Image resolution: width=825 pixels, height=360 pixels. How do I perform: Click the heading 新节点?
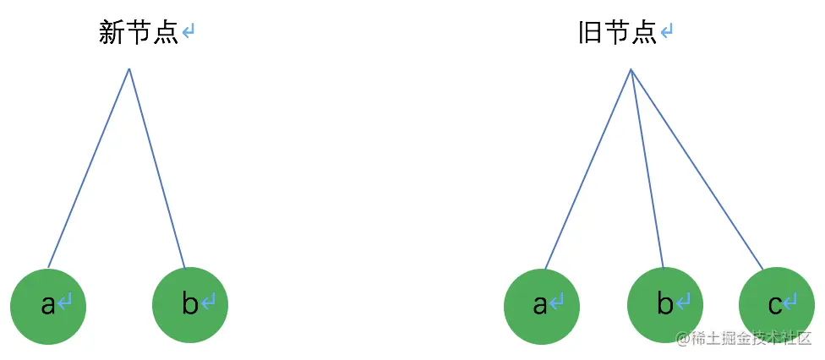139,33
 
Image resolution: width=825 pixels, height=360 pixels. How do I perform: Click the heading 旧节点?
618,33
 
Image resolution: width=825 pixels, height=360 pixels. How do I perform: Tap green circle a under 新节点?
48,306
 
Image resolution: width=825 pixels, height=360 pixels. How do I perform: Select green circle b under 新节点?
190,305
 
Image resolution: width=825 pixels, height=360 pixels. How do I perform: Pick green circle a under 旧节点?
541,306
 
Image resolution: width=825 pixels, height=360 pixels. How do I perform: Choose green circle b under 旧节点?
665,305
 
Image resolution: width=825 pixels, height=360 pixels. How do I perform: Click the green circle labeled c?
777,305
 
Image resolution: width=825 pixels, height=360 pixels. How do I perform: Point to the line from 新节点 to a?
89,168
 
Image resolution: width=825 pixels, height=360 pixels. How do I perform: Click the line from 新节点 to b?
157,168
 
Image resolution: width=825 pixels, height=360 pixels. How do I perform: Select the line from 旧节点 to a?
587,169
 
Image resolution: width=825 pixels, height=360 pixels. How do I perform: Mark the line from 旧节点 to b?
647,168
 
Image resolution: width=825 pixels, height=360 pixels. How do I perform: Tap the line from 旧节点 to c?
697,169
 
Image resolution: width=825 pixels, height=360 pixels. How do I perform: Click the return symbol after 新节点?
188,33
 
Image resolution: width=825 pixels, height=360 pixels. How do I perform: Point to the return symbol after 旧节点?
667,33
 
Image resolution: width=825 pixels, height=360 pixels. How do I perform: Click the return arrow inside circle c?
789,302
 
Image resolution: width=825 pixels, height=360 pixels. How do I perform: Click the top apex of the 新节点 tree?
128,69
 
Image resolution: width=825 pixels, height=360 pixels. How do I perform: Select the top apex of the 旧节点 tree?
631,69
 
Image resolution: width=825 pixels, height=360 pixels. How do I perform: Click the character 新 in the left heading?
112,33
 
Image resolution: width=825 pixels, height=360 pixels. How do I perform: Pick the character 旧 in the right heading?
591,33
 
